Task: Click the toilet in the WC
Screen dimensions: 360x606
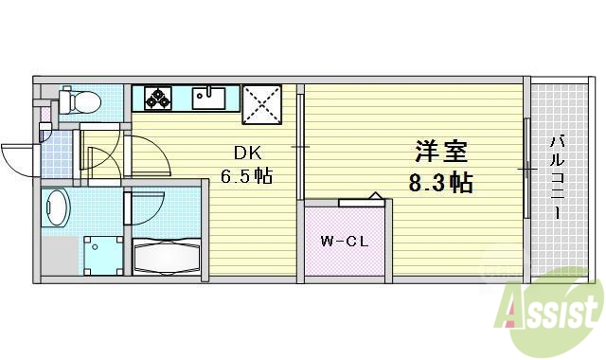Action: tap(75, 101)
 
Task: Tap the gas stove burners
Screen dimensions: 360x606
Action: tap(156, 98)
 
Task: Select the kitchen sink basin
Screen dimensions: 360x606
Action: tap(208, 98)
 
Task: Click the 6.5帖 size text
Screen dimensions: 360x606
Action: tap(249, 176)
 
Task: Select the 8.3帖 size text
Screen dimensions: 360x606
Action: tap(440, 182)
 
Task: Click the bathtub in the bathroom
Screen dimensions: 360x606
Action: tap(166, 256)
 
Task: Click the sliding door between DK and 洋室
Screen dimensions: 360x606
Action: tap(299, 147)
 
